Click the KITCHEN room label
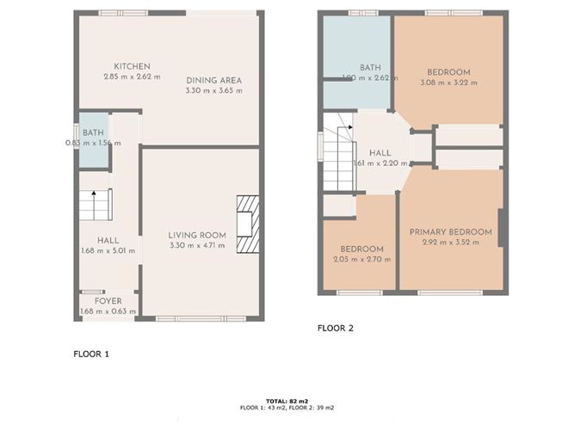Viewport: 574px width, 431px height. pos(133,66)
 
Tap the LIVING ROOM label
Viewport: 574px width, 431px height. pos(197,235)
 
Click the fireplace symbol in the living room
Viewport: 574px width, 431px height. pos(247,224)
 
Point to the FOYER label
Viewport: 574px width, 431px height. pos(108,301)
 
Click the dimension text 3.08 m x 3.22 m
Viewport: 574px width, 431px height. pos(447,83)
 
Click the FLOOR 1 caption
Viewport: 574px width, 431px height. pos(91,353)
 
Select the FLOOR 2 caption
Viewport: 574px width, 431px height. pos(336,328)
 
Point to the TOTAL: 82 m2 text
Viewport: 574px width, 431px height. pos(287,401)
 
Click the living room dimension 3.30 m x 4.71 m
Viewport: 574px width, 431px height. pos(197,245)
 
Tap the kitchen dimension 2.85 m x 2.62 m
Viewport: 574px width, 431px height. pos(133,77)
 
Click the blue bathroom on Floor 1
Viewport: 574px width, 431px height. pos(94,140)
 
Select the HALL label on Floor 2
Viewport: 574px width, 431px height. pos(380,152)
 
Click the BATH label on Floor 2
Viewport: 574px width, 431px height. pos(370,67)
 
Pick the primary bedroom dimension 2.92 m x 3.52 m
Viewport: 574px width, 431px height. pos(450,242)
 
